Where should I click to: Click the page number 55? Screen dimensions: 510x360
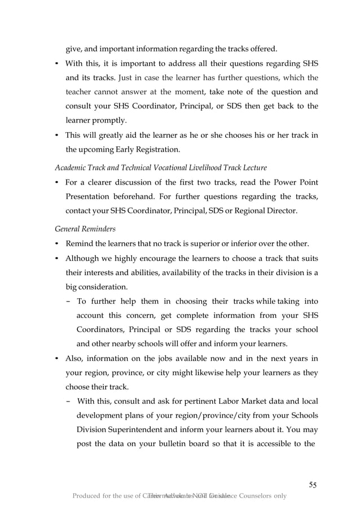(x=313, y=485)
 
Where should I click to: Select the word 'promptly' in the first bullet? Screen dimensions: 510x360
(x=109, y=120)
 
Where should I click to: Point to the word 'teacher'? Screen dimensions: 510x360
(x=82, y=91)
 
